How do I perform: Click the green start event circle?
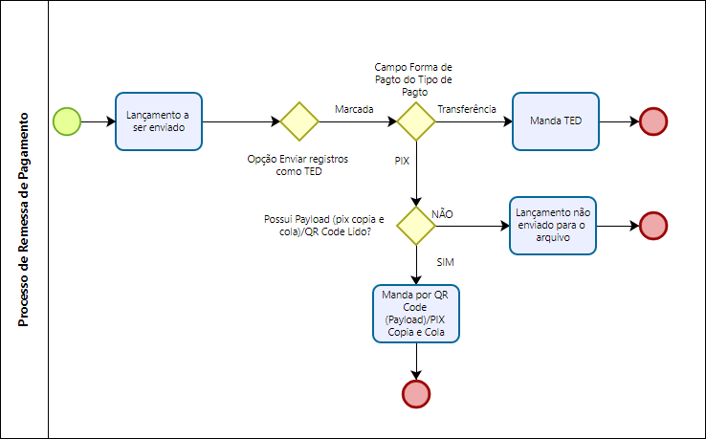coord(67,121)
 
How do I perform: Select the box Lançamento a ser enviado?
coord(158,121)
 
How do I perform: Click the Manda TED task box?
coord(556,121)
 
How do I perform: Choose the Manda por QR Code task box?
coord(415,312)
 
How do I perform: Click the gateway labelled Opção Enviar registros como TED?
coord(298,121)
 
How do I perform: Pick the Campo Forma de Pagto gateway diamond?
coord(415,121)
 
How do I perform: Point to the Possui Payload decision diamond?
coord(415,226)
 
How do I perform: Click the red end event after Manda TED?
coord(653,121)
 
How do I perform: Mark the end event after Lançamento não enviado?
coord(653,226)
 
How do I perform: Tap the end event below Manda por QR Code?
coord(415,393)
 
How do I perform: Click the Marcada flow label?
coord(354,110)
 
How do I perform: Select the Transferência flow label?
coord(466,110)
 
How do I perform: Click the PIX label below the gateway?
coord(402,162)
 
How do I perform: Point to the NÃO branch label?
coord(443,212)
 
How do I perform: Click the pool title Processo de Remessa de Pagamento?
coord(24,219)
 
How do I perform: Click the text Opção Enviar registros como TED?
coord(298,165)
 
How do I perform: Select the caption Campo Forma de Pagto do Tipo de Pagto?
coord(414,80)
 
